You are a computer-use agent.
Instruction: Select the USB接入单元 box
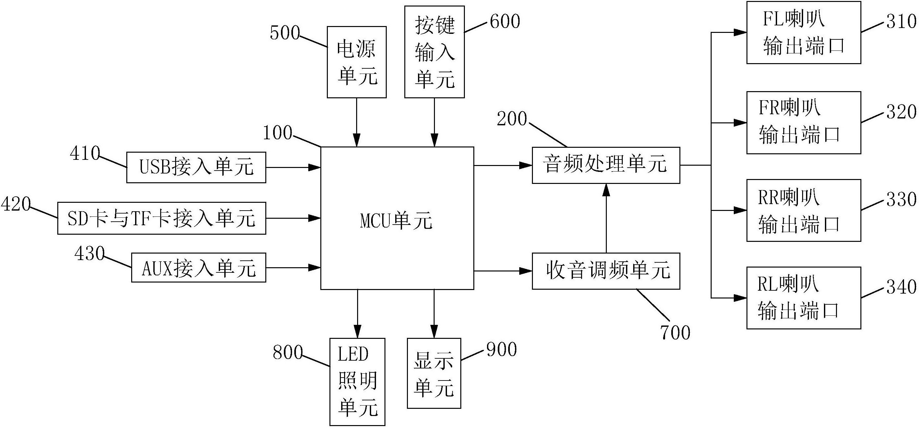click(x=196, y=167)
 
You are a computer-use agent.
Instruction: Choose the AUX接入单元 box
click(x=198, y=268)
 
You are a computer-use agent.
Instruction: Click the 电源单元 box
click(x=356, y=62)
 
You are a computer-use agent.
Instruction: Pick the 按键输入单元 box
click(x=434, y=52)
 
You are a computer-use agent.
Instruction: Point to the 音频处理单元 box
click(x=606, y=165)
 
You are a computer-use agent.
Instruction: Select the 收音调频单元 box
click(x=606, y=271)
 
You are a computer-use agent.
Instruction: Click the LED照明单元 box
click(x=357, y=381)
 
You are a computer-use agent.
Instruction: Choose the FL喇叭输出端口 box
click(x=803, y=33)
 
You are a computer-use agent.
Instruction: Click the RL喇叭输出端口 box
click(x=803, y=298)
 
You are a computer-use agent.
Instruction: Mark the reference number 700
click(x=675, y=332)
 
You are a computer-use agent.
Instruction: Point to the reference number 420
click(x=16, y=204)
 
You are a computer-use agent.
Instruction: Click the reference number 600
click(x=505, y=22)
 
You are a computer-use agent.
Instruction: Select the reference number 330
click(x=901, y=199)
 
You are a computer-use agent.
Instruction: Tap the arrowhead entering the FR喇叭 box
click(x=740, y=123)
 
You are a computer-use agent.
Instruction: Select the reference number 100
click(x=277, y=133)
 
